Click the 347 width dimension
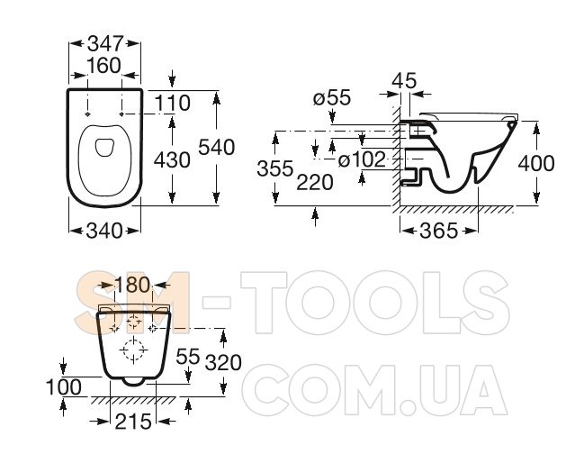click(x=104, y=43)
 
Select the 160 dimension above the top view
click(x=104, y=66)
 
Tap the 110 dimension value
click(x=172, y=103)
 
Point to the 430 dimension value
click(x=172, y=160)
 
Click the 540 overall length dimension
click(x=216, y=147)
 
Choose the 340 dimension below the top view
click(x=104, y=231)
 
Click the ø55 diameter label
click(x=332, y=98)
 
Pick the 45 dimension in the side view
click(x=404, y=80)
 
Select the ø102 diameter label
click(x=362, y=160)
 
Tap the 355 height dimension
click(x=275, y=168)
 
